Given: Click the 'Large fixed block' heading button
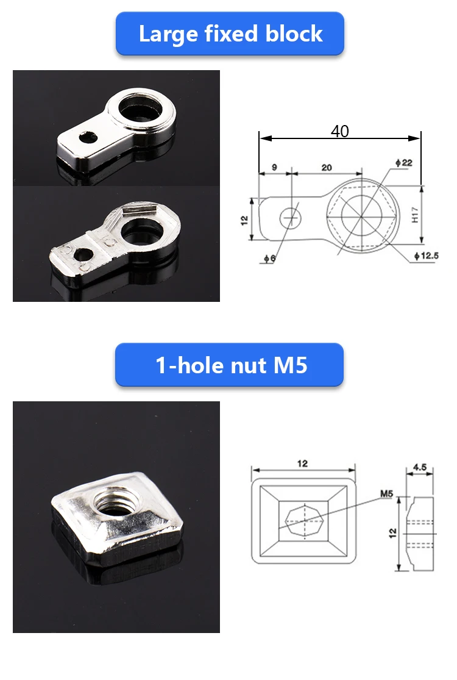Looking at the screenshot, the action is [x=230, y=34].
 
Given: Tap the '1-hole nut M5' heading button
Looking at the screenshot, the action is [x=229, y=365].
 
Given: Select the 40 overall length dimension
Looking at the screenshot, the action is [x=339, y=131].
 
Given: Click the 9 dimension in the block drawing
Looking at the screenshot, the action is [x=274, y=167].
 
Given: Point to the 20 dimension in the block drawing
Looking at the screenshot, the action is [x=327, y=167].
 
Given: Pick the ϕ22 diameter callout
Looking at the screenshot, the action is [x=404, y=163].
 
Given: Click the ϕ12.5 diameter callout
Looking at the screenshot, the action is [x=427, y=256].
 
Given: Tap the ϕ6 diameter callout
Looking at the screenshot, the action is [x=269, y=259].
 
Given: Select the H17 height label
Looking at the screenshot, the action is [x=415, y=215].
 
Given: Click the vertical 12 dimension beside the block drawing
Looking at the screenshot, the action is [x=244, y=220].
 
